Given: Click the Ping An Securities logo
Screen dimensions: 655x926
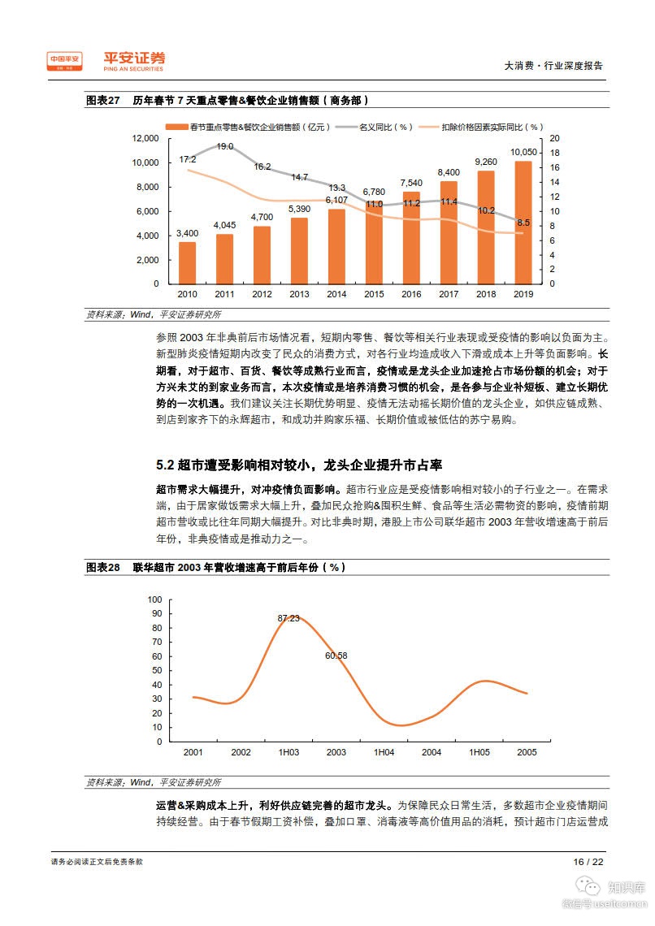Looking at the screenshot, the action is click(x=135, y=62).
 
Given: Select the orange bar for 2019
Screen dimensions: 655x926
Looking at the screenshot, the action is click(x=523, y=223).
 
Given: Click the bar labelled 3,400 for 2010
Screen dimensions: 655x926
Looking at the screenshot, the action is click(x=187, y=263).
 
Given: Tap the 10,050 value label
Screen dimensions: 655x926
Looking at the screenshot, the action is click(x=524, y=152).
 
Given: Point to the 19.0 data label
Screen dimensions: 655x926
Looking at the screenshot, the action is click(x=225, y=146).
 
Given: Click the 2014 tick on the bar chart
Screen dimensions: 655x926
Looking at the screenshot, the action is click(x=336, y=294).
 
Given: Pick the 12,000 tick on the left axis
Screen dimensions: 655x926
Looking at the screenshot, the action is click(x=145, y=138).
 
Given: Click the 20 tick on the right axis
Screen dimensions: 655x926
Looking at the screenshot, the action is click(x=554, y=138).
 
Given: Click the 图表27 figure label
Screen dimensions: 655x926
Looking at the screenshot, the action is click(x=102, y=101).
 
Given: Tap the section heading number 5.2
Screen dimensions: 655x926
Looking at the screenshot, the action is click(x=165, y=465).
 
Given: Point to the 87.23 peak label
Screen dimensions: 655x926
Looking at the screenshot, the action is click(x=288, y=618).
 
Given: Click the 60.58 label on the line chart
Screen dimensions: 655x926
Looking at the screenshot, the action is click(x=336, y=656).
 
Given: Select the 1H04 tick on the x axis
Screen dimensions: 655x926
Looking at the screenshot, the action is click(x=384, y=752).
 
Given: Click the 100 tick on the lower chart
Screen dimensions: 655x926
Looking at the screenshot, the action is click(x=154, y=599).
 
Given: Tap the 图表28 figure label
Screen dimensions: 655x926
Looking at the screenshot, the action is click(x=102, y=567).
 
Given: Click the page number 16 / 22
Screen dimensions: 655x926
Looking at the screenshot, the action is click(x=588, y=862).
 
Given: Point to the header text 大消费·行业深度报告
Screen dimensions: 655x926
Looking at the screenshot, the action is click(x=553, y=66).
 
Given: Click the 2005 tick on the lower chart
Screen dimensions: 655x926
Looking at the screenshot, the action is click(x=527, y=752).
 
